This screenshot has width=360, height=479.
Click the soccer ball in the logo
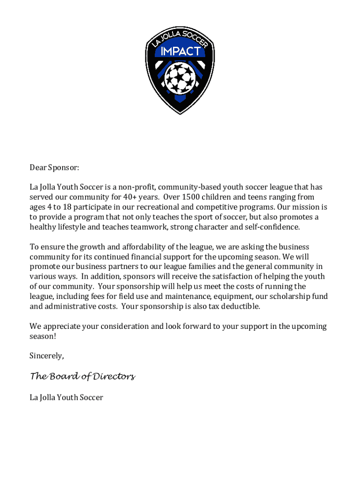pos(180,77)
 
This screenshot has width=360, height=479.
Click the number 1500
pos(194,197)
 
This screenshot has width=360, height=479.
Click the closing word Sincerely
pos(46,356)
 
